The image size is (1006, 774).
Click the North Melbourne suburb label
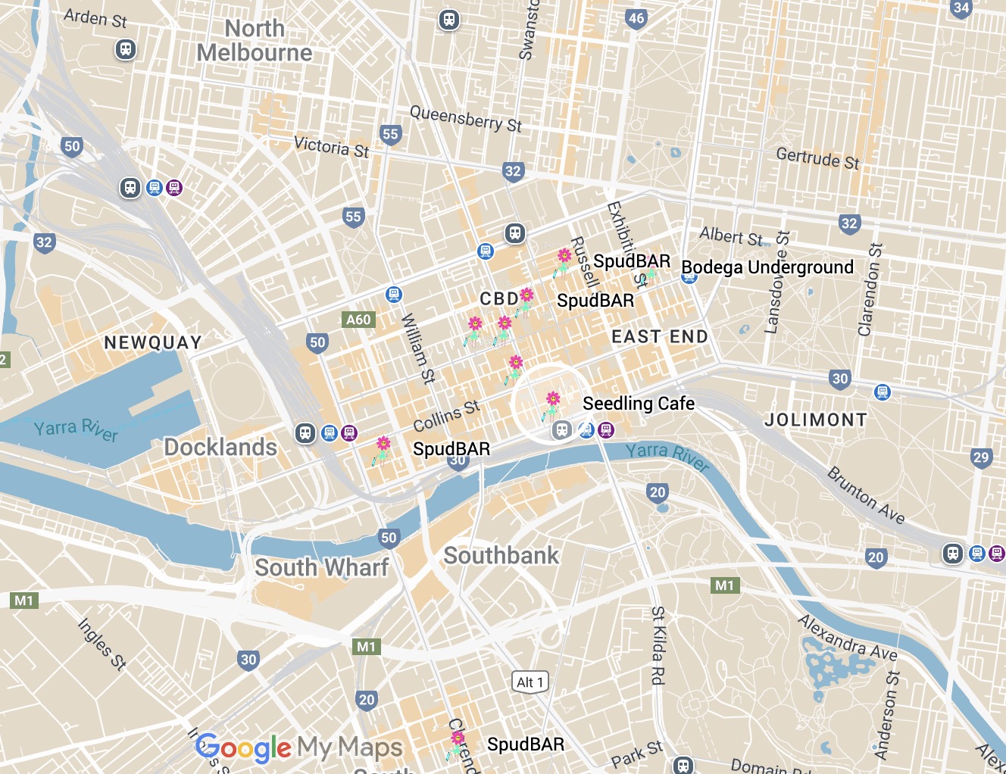click(255, 41)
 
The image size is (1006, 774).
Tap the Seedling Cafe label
click(638, 404)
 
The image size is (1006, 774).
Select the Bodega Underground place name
click(767, 267)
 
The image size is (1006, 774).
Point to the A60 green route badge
click(358, 320)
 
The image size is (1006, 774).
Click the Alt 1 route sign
click(530, 682)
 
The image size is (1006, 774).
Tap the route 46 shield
click(636, 19)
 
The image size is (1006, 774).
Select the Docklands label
click(220, 447)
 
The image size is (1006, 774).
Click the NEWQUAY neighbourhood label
click(153, 342)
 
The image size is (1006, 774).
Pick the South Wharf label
click(321, 567)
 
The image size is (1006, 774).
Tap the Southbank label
click(501, 555)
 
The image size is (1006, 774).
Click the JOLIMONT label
click(815, 420)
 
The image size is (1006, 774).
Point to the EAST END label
click(659, 336)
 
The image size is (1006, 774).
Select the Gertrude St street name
click(817, 158)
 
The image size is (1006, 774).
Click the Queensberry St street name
click(465, 119)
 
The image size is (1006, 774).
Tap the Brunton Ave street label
click(866, 495)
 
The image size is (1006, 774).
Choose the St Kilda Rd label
click(658, 645)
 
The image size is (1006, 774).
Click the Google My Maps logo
click(298, 747)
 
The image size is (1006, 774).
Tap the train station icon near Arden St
click(126, 50)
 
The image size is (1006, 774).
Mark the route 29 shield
click(981, 457)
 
